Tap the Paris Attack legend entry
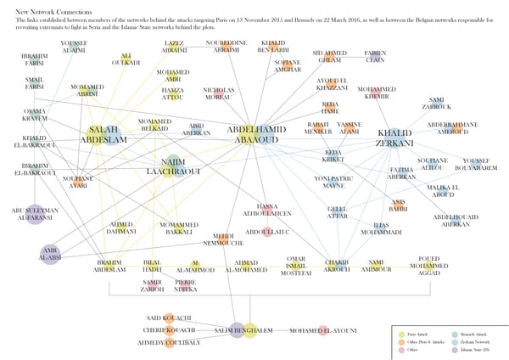(x=418, y=334)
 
